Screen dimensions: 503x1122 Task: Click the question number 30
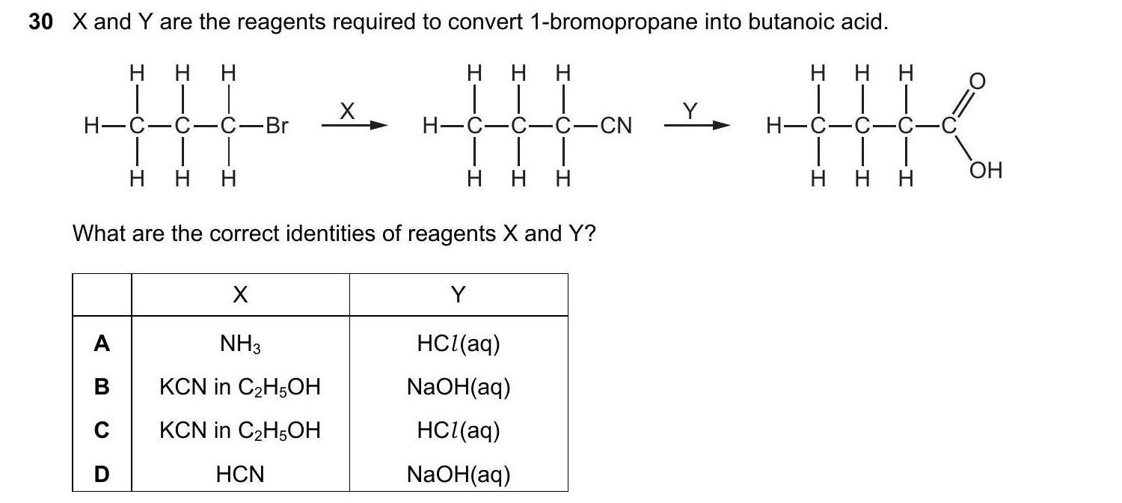(41, 22)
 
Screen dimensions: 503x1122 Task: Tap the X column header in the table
(239, 296)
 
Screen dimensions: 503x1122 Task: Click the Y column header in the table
(458, 296)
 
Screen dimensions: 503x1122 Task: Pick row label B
(102, 387)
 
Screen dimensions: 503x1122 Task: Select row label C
(102, 430)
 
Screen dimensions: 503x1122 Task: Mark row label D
(102, 474)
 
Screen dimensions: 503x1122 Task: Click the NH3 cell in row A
(239, 344)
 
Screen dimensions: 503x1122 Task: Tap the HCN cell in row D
(239, 474)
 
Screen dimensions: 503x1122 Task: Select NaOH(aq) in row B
(458, 387)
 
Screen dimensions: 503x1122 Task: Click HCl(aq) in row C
(458, 430)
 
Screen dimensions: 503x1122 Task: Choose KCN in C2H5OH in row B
(239, 387)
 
